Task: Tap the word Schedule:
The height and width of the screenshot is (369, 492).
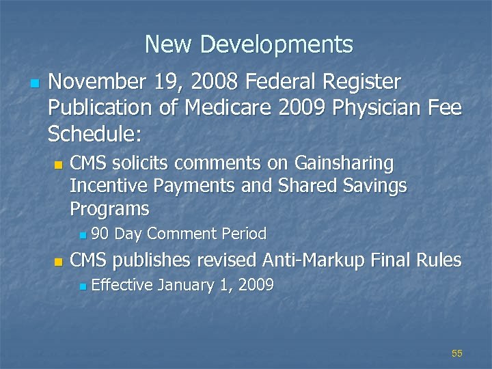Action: coord(94,133)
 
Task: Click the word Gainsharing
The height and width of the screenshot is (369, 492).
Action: coord(344,164)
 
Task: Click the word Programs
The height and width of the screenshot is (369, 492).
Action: coord(109,208)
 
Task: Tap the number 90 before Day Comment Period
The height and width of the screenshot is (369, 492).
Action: coord(100,234)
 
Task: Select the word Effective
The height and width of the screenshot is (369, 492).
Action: coord(121,285)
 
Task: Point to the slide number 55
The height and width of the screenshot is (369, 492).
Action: coord(457,353)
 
